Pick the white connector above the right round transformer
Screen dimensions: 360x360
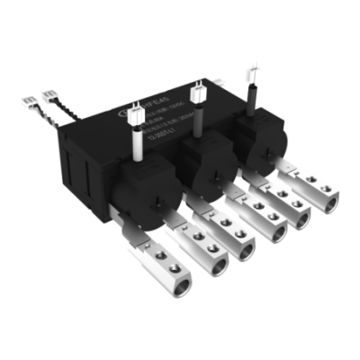252,73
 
